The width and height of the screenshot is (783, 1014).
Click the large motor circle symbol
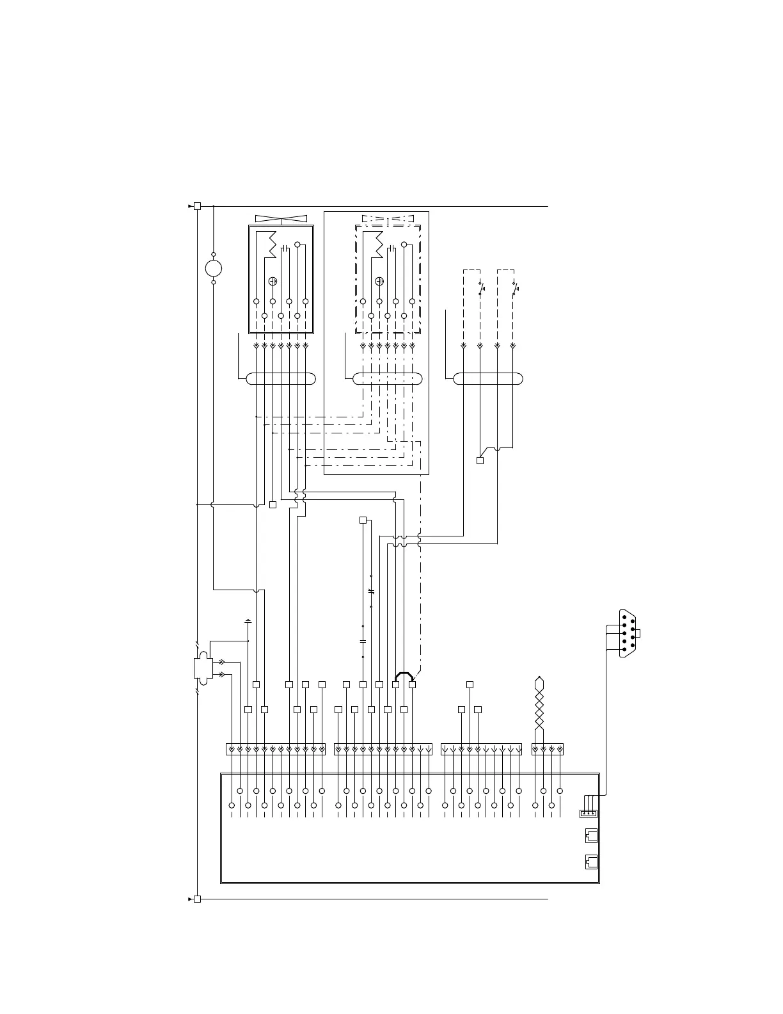click(x=213, y=268)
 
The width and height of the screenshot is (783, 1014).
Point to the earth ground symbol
click(x=248, y=620)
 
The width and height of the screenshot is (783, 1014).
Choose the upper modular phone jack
click(x=591, y=835)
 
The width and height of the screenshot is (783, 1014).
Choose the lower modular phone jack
click(x=591, y=862)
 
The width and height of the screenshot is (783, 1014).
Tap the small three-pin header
click(x=588, y=814)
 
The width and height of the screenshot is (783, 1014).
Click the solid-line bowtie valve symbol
click(x=281, y=218)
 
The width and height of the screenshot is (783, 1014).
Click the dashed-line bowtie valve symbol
click(x=388, y=218)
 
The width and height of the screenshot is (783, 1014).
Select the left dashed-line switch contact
click(x=481, y=288)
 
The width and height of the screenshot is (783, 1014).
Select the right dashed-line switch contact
click(x=515, y=288)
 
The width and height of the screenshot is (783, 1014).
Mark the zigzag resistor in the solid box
click(x=272, y=245)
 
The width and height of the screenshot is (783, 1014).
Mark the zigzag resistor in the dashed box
click(x=379, y=245)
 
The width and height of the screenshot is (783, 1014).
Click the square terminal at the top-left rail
click(x=197, y=206)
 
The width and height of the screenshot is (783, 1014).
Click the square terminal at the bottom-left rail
click(x=197, y=899)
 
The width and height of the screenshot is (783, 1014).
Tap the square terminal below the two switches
click(x=480, y=460)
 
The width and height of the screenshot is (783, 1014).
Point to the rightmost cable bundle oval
click(x=488, y=378)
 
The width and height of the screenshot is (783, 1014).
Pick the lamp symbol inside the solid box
click(x=273, y=281)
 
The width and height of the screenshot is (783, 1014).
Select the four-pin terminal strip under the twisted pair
click(x=548, y=749)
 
